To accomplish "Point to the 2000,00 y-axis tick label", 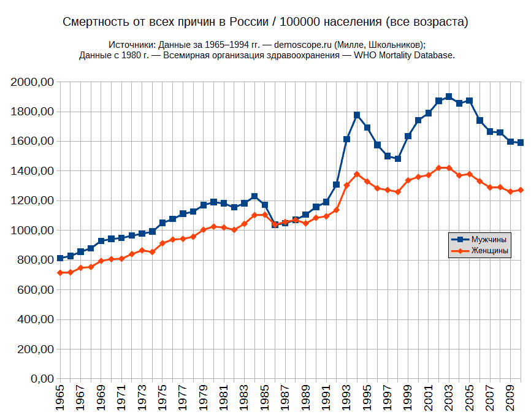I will tap(34, 82).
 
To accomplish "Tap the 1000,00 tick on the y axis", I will tap(34, 231).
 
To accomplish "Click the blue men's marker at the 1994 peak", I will tap(357, 115).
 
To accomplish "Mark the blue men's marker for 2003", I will tap(449, 96).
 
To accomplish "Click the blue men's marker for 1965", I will tap(60, 258).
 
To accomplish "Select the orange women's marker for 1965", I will tap(60, 273).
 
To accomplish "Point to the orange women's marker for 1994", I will tap(357, 174).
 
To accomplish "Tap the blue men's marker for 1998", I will tap(398, 159).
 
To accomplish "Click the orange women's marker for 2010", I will tap(521, 190).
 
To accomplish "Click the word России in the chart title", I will tap(246, 23).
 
